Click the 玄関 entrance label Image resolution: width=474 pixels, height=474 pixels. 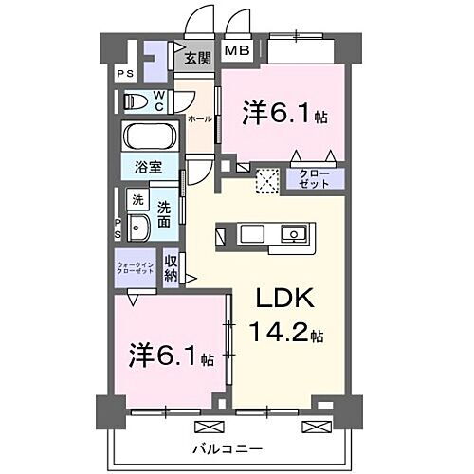point(197,59)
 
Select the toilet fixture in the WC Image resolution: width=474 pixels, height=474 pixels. point(136,100)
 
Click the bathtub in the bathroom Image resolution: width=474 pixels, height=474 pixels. point(148,137)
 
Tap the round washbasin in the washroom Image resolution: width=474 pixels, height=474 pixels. point(137,228)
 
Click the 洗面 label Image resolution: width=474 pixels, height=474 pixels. point(165,212)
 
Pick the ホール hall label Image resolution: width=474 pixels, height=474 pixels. point(199,119)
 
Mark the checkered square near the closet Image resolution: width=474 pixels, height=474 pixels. point(268,179)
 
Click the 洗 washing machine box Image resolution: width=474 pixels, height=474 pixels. point(137,200)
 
